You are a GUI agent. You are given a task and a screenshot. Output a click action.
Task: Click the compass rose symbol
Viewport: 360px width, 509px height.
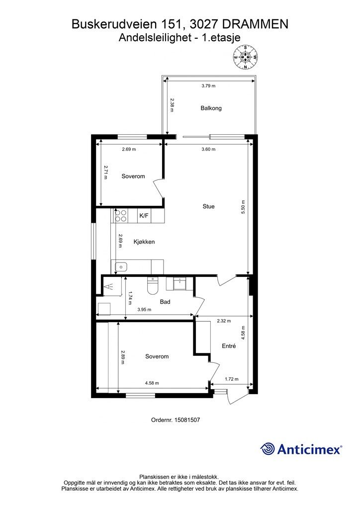tap(246, 58)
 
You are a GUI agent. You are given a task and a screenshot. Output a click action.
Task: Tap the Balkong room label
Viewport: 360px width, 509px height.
tap(211, 108)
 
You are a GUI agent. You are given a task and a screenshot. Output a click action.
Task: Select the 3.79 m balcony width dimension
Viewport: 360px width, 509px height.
tap(208, 86)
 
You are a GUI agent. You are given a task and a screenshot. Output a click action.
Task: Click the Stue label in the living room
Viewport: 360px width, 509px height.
tap(208, 206)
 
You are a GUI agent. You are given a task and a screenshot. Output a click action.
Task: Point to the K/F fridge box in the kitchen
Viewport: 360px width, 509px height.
tap(144, 216)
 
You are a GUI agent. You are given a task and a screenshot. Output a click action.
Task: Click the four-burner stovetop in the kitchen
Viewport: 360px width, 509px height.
tap(121, 216)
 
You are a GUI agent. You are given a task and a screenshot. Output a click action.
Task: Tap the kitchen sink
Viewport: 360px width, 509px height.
tap(121, 267)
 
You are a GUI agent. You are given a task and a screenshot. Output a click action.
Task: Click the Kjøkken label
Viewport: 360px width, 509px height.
tap(144, 242)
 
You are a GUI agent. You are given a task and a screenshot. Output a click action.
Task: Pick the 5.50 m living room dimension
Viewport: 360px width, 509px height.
tap(243, 207)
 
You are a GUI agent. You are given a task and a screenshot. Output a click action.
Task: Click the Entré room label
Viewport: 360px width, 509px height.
tap(229, 346)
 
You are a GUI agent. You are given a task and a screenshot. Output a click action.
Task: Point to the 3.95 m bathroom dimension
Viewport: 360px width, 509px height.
tap(144, 310)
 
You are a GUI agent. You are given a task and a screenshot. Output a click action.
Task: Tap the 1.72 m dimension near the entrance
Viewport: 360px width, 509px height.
tap(232, 379)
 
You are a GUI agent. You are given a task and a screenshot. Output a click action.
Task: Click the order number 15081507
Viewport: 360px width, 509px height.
tap(187, 420)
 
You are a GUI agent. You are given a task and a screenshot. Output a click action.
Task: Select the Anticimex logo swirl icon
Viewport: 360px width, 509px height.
tap(268, 449)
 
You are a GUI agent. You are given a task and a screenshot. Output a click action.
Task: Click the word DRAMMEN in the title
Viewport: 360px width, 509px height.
tap(255, 24)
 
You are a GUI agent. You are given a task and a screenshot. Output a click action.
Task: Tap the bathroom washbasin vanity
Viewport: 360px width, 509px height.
tap(178, 284)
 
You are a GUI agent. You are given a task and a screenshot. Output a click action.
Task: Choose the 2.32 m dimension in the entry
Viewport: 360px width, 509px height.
tap(224, 321)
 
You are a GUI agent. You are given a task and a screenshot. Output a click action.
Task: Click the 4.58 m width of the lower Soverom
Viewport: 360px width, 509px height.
tap(152, 383)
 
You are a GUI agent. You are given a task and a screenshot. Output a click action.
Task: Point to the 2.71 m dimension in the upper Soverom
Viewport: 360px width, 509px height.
tap(105, 172)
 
